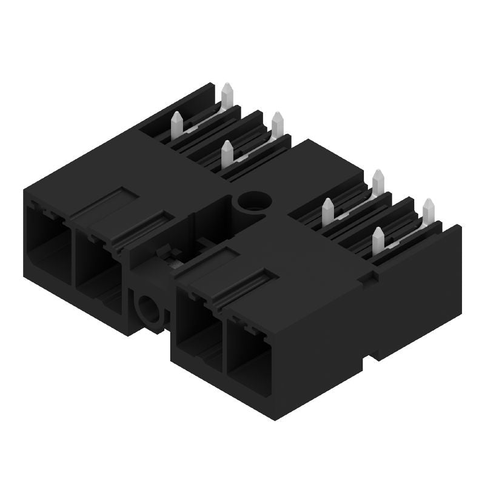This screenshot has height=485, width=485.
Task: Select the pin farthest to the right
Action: click(429, 212)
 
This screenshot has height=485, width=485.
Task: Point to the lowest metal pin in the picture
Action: click(378, 241)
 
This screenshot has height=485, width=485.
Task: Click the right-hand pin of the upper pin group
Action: click(278, 125)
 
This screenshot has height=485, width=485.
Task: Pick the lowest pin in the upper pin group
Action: click(227, 155)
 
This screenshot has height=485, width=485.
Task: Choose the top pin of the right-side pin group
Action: click(379, 182)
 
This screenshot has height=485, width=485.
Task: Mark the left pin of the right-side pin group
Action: click(329, 211)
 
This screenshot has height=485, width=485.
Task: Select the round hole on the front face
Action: click(148, 307)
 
